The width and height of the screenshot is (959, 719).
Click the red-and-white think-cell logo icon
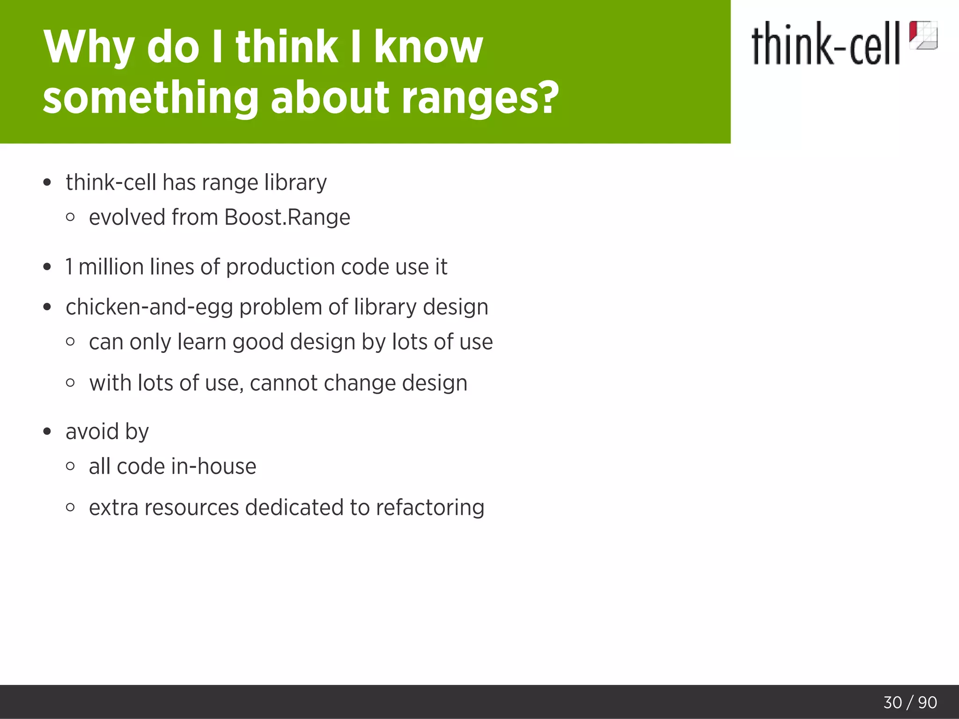923,35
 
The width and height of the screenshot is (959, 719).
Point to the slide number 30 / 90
910,702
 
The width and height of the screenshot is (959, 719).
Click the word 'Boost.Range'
287,217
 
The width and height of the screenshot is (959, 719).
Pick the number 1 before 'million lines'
69,267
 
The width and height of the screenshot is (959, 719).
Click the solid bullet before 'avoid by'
47,432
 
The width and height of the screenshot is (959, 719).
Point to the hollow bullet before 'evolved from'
70,217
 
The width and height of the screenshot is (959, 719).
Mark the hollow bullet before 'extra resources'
70,507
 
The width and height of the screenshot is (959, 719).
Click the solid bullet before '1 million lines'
47,267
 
